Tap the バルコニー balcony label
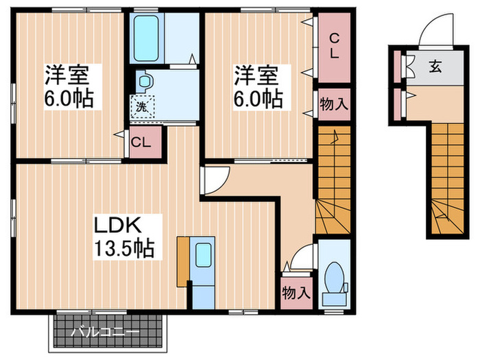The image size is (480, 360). [x=106, y=333]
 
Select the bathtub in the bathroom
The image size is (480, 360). [x=146, y=38]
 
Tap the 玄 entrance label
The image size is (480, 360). [x=435, y=67]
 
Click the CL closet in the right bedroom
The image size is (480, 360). [x=332, y=45]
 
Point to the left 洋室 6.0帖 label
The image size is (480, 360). [x=69, y=86]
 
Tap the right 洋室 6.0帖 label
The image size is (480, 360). [x=258, y=86]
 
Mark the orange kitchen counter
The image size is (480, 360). [x=182, y=261]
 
